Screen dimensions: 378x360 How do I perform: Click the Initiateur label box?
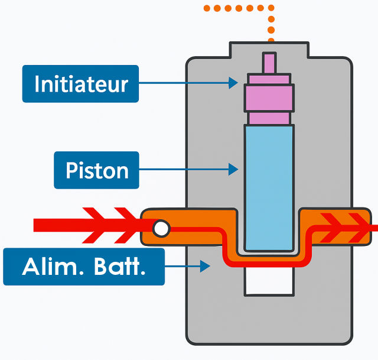coord(80,84)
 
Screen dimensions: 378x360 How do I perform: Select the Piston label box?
coord(96,170)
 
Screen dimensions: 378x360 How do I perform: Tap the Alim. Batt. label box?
coord(84,267)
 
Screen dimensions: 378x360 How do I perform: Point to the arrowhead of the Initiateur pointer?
coord(233,83)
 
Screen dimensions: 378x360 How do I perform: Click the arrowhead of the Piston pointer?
coord(233,169)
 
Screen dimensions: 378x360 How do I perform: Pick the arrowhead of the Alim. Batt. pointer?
coord(205,267)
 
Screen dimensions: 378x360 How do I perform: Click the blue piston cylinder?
coord(269,188)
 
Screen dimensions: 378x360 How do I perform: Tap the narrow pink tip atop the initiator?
coord(269,63)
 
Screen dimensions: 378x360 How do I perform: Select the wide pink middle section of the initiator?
coord(269,98)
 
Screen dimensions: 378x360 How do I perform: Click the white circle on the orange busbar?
coord(161,229)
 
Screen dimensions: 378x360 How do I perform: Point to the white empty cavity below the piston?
coord(269,281)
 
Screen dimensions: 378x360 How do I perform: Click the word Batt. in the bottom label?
coord(120,267)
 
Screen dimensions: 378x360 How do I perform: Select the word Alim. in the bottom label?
coord(53,267)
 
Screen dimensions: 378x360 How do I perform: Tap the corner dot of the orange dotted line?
coord(271,8)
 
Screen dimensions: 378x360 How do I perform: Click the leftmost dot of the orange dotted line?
coord(207,8)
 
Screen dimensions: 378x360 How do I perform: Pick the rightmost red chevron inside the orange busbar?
coord(359,228)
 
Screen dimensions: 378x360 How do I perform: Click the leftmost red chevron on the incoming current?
coord(93,225)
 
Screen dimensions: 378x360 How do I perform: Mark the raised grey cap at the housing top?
coord(269,50)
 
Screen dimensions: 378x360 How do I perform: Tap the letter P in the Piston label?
coord(71,170)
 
